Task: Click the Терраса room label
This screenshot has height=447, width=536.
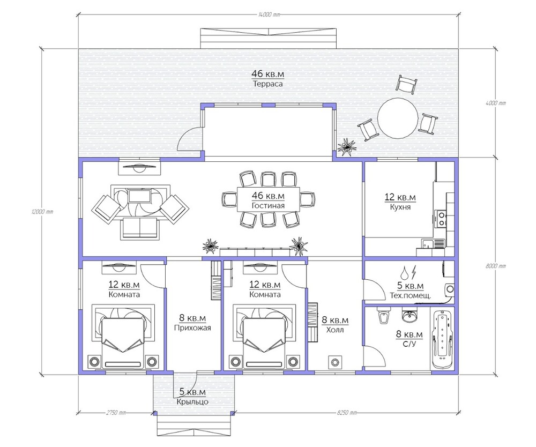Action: pyautogui.click(x=267, y=84)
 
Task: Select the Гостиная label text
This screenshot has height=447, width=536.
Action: pyautogui.click(x=268, y=206)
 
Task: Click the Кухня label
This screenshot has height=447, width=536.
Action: pyautogui.click(x=400, y=207)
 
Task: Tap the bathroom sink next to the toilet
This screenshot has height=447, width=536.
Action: pyautogui.click(x=409, y=316)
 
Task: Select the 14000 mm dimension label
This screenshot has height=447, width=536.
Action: pyautogui.click(x=269, y=14)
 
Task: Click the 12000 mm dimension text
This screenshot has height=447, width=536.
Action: pyautogui.click(x=42, y=212)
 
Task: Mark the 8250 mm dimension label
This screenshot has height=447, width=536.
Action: pyautogui.click(x=347, y=413)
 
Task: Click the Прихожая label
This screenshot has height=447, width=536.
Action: pyautogui.click(x=192, y=328)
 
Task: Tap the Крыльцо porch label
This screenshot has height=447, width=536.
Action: pyautogui.click(x=192, y=402)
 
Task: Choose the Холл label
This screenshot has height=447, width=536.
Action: pyautogui.click(x=335, y=330)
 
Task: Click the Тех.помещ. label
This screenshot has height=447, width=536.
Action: pyautogui.click(x=410, y=295)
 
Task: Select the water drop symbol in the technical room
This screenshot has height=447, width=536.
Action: pyautogui.click(x=405, y=272)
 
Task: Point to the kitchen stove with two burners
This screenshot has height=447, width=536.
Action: pyautogui.click(x=441, y=219)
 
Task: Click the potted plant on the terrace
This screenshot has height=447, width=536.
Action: pyautogui.click(x=347, y=147)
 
